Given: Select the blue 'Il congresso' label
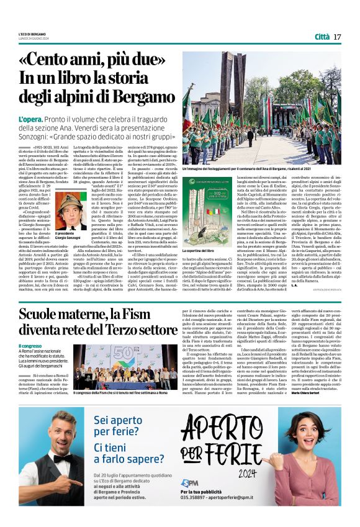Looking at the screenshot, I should pyautogui.click(x=31, y=345).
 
